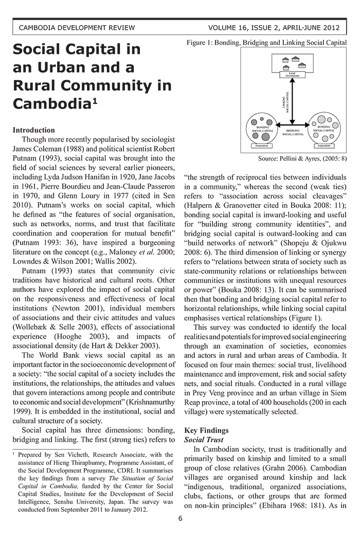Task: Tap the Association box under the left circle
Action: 261,146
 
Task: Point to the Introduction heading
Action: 33,130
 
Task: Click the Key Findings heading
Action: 206,430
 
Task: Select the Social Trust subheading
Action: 204,440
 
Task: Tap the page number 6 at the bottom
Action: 180,518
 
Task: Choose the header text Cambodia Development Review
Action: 77,27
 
